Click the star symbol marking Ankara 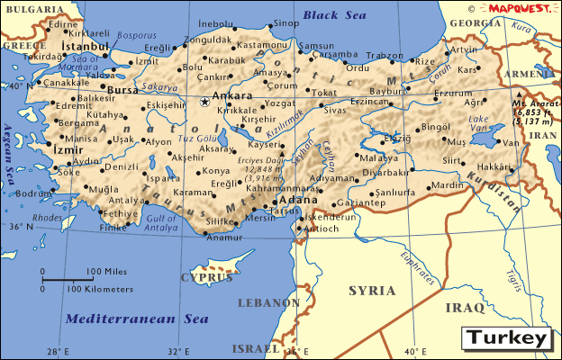point(204,102)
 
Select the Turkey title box point(506,338)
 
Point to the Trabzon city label point(385,55)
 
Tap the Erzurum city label point(452,93)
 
